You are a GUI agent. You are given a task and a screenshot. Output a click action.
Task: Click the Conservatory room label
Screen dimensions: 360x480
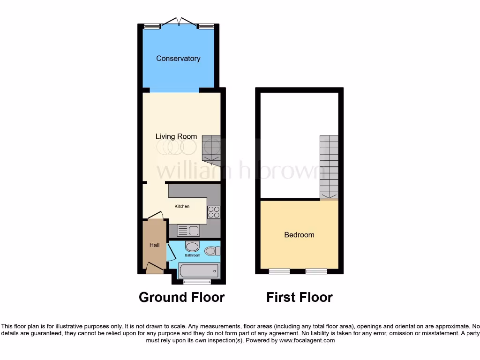coord(178,59)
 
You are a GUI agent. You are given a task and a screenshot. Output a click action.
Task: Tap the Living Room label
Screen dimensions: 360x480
coord(176,136)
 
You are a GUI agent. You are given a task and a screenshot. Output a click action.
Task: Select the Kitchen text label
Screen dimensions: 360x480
coord(182,206)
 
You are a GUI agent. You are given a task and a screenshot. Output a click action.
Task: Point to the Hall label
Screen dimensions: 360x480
coord(154,245)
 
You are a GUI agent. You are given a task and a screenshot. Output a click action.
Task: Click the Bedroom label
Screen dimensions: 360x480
coord(299,235)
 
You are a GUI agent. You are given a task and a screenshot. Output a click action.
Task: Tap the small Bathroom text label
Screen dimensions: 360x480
coord(192,255)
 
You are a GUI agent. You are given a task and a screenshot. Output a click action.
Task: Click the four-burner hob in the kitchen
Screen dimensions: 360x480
coord(214,212)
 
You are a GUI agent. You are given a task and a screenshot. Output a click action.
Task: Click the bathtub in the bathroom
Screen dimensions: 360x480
coord(199,271)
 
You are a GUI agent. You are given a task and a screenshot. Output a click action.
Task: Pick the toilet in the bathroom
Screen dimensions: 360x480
coord(212,251)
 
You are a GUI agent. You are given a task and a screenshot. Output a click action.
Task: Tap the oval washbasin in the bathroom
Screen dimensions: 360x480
coord(192,247)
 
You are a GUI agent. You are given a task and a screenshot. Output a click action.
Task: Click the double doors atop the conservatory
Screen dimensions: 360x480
coord(179,22)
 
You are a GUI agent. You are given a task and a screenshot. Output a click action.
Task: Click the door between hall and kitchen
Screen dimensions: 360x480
coord(155,216)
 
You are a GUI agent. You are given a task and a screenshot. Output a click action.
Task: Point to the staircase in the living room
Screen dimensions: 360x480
coord(211,150)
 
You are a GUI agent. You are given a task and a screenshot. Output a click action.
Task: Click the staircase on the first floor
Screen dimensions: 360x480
coord(329,166)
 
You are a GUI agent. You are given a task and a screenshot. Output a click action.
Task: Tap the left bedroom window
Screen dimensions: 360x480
coord(279,271)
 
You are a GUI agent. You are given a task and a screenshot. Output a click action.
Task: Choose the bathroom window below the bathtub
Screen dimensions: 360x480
coord(197,282)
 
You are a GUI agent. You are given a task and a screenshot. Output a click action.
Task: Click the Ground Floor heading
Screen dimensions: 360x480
coord(181,297)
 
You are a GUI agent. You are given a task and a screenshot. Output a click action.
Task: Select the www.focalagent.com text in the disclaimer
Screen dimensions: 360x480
coord(307,340)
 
